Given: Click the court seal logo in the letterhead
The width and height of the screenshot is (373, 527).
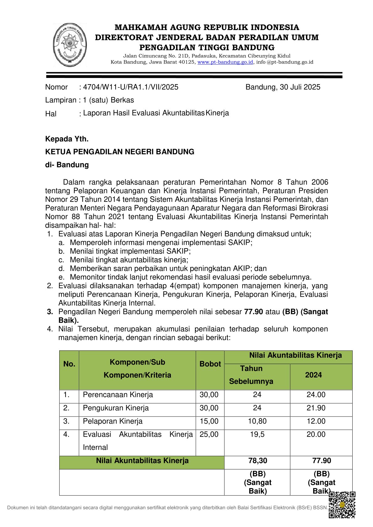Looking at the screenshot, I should click(x=70, y=44).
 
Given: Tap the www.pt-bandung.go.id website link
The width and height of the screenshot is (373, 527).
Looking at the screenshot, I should click(x=225, y=62).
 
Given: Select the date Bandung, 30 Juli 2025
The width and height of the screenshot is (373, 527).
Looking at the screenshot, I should click(x=283, y=87).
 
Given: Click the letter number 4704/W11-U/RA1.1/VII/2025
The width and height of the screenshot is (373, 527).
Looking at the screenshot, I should click(x=131, y=87).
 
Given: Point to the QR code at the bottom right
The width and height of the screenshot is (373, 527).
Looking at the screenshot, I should click(x=342, y=504).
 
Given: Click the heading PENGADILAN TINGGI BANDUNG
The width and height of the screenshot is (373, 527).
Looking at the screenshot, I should click(x=207, y=48).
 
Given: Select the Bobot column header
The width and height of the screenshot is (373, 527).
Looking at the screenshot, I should click(x=210, y=364).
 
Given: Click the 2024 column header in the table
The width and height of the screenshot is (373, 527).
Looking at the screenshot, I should click(x=313, y=375).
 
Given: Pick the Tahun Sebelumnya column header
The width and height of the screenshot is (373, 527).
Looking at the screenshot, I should click(x=251, y=375).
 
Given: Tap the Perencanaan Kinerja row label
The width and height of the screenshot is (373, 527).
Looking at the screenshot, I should click(x=118, y=395).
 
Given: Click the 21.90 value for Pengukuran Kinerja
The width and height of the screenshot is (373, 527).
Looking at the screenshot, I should click(x=316, y=408).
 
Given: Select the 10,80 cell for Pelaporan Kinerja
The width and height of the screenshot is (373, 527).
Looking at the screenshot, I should click(x=257, y=421).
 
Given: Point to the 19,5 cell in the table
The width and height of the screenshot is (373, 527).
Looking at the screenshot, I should click(x=257, y=434).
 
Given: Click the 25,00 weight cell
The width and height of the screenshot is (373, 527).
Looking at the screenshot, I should click(x=209, y=434).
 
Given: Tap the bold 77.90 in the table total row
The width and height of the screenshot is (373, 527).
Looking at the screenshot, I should click(x=322, y=461).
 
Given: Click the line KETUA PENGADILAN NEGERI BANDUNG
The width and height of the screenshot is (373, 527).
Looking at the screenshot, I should click(x=120, y=152).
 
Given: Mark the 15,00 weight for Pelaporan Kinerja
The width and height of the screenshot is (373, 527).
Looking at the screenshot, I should click(x=209, y=421).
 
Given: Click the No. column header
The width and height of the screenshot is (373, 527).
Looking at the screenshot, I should click(x=69, y=364).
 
